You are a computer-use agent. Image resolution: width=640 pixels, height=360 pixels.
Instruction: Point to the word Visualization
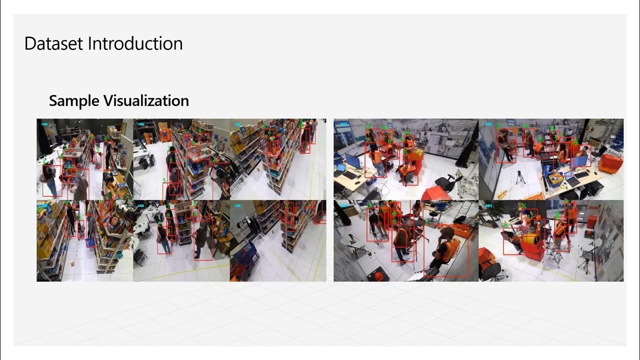point(146,101)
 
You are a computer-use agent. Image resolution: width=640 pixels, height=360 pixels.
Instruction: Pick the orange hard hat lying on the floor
point(378,275)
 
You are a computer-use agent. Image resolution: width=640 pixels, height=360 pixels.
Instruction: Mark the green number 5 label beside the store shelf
point(164,180)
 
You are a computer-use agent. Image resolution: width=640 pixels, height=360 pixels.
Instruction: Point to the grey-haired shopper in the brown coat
point(80,185)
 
